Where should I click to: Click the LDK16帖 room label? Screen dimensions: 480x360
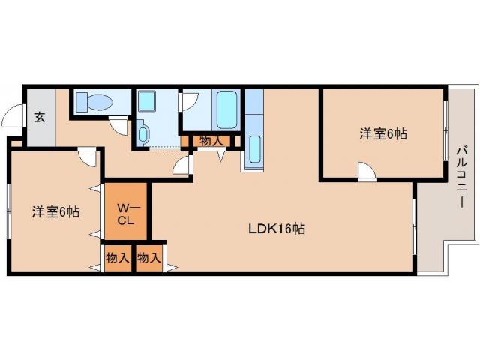277,229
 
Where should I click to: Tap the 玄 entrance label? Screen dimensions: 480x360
40,117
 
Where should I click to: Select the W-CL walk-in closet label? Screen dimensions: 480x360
126,214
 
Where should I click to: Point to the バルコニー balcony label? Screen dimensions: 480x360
462,177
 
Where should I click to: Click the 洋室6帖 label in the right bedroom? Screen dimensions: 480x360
383,133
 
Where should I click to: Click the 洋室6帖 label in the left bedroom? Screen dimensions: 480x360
55,211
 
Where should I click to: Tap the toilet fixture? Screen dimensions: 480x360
94,102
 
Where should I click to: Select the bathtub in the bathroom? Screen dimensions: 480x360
226,110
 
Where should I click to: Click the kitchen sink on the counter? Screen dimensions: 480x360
254,149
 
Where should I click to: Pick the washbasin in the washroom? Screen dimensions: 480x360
142,133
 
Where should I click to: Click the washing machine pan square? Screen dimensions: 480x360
146,101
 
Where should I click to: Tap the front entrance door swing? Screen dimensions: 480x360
12,115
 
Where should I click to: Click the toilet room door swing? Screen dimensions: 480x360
118,125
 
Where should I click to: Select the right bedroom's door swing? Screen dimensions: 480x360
367,171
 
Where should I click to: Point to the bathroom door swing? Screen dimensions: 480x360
190,102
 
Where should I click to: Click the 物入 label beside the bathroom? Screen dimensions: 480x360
211,142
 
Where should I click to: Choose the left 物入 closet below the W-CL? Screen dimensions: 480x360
118,258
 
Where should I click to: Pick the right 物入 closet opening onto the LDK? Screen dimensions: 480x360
149,258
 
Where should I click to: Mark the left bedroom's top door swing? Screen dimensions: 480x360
87,157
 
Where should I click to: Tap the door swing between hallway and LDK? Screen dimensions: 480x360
182,165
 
